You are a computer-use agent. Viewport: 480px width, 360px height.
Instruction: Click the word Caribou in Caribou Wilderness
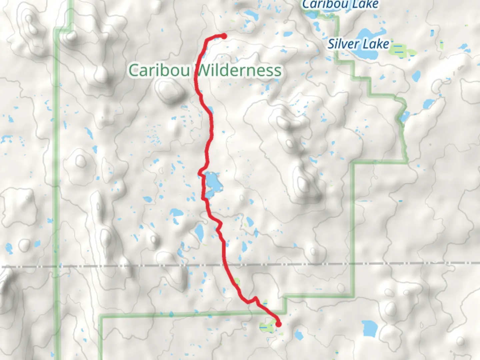159,70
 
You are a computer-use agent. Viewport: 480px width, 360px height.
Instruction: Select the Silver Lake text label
358,44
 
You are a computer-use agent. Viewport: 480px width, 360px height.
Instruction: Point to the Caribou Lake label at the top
340,4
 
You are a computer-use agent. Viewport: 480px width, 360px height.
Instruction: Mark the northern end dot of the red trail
224,36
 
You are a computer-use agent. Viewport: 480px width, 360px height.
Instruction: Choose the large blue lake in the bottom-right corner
369,328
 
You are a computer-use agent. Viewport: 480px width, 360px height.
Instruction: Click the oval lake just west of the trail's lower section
199,231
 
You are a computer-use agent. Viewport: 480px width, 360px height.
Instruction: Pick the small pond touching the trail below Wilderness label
210,109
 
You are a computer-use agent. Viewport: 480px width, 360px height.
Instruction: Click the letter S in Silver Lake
331,44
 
